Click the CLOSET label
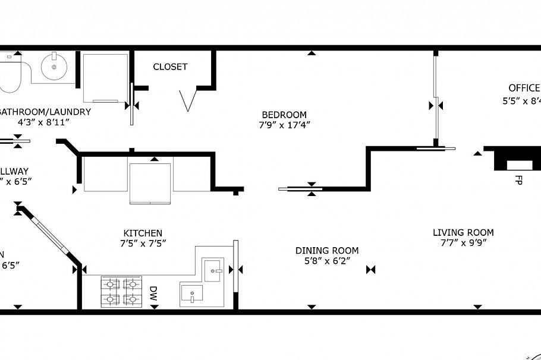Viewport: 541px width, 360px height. pos(170,67)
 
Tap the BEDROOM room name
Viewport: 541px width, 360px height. pos(284,115)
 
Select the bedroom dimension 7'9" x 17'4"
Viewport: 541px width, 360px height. pos(284,125)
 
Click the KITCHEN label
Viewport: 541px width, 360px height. pos(143,233)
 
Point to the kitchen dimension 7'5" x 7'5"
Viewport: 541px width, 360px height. pos(143,243)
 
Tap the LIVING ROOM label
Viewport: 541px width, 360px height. pos(463,232)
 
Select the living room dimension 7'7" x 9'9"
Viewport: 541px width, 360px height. pos(463,242)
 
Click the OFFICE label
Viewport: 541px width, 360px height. pos(524,88)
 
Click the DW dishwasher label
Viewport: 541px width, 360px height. pos(153,292)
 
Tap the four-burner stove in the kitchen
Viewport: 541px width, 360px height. pos(121,292)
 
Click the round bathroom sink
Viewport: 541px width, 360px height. pos(54,67)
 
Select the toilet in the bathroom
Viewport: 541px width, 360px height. pos(10,75)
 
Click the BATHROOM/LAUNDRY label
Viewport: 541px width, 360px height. pos(45,112)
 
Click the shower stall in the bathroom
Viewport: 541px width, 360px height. pos(105,77)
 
